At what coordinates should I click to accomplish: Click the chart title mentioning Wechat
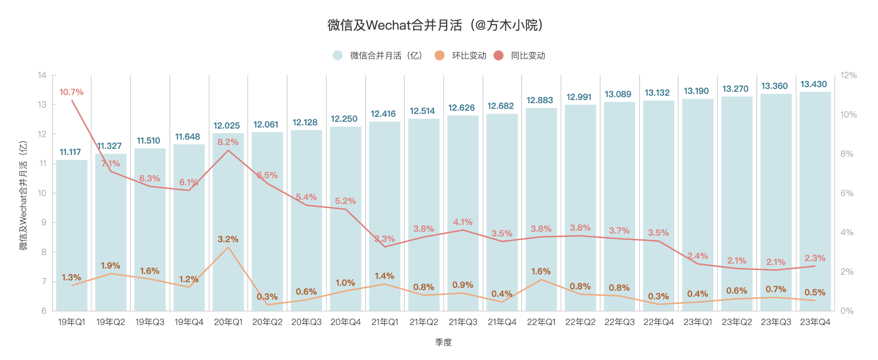coord(435,25)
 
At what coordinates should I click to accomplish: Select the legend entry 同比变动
coord(528,56)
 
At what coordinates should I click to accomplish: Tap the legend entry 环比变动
coord(469,56)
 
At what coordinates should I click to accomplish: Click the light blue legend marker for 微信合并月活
coord(338,56)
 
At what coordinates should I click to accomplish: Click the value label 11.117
coord(70,152)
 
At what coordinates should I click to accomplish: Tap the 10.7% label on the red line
coord(71,92)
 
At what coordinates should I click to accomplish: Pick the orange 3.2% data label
coord(228,239)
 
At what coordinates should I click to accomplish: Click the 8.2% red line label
coord(228,142)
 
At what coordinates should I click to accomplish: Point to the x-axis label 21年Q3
coord(463,322)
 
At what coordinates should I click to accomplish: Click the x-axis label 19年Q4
coord(189,322)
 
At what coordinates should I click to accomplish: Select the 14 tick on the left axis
coord(42,75)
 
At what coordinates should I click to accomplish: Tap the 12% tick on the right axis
coord(848,75)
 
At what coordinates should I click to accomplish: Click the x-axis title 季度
coord(443,342)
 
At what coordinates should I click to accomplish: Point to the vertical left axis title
coord(23,195)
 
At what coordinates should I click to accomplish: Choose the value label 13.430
coord(813,84)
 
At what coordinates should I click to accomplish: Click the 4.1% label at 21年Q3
coord(463,222)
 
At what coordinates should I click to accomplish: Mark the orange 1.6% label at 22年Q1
coord(541,271)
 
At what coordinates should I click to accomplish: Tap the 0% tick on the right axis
coord(847,311)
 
